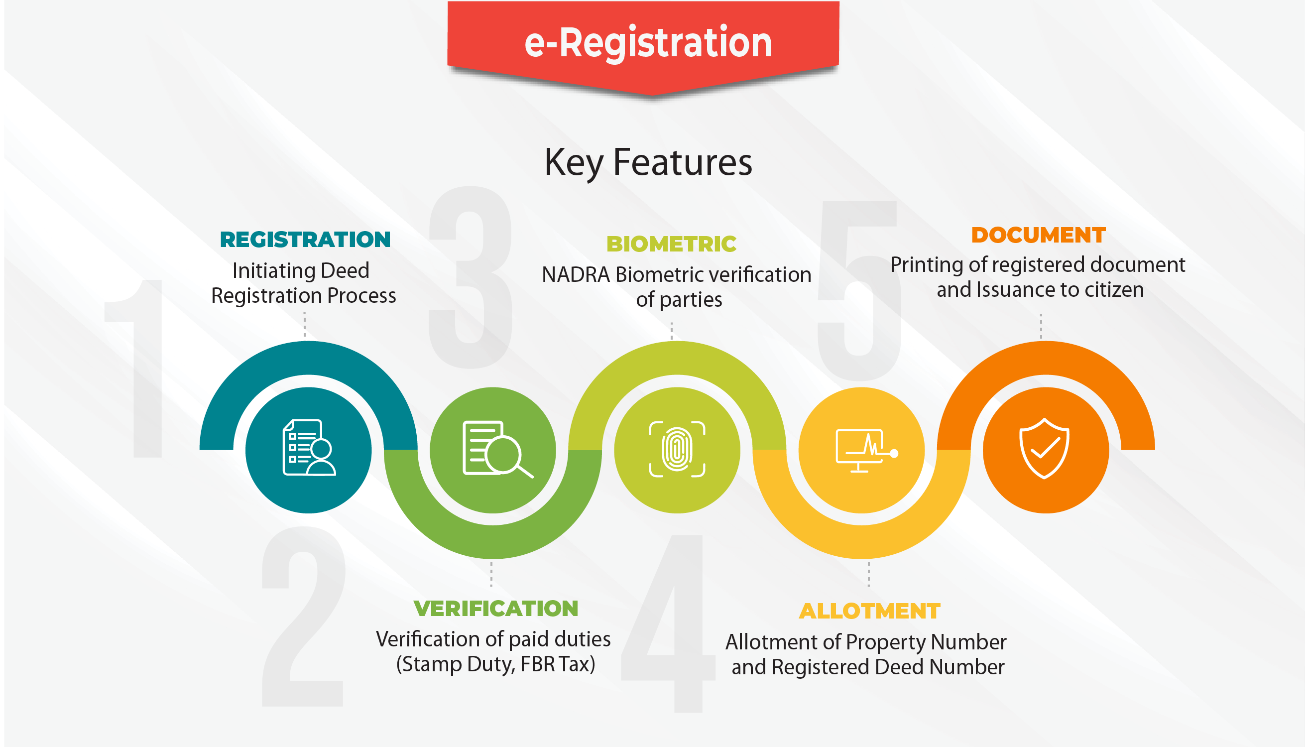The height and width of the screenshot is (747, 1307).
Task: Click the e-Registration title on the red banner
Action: pyautogui.click(x=648, y=43)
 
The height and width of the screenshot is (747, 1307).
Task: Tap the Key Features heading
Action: pyautogui.click(x=648, y=163)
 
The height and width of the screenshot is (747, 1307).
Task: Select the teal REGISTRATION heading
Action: pyautogui.click(x=305, y=240)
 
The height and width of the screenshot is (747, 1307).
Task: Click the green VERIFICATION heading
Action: pyautogui.click(x=496, y=609)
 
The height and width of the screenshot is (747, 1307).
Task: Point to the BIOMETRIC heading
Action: pyautogui.click(x=672, y=244)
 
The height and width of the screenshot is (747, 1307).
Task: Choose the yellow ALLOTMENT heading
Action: pyautogui.click(x=870, y=611)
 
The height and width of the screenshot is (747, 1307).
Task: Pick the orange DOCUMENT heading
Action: pyautogui.click(x=1039, y=235)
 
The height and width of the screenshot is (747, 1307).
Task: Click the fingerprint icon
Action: pyautogui.click(x=677, y=449)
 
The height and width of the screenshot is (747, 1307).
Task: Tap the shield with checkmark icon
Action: pyautogui.click(x=1045, y=448)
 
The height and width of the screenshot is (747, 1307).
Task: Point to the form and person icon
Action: pyautogui.click(x=309, y=448)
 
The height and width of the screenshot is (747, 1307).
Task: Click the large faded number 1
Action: pyautogui.click(x=134, y=369)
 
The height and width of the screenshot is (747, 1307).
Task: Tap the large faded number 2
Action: pyautogui.click(x=303, y=617)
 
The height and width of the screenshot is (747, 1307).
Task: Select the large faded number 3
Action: pyautogui.click(x=471, y=277)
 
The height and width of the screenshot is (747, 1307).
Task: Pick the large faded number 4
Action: pyautogui.click(x=668, y=623)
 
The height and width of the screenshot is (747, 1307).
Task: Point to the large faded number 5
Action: pyautogui.click(x=859, y=291)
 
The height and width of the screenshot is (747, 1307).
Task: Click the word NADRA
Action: pyautogui.click(x=576, y=275)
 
